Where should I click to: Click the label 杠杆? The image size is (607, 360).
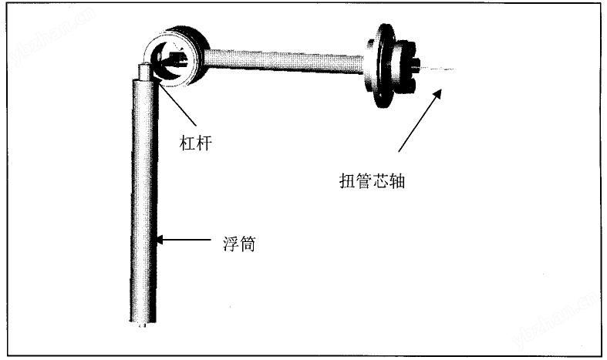tap(196, 143)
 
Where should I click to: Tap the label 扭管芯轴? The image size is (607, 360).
tap(372, 181)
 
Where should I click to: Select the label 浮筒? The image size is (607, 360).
tap(239, 244)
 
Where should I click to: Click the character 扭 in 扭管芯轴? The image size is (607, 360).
tap(347, 181)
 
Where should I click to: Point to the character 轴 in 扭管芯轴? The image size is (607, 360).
tap(397, 181)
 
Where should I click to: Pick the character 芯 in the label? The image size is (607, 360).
tap(380, 181)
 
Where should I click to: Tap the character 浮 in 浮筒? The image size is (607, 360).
tap(231, 244)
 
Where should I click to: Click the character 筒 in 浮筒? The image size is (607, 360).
tap(248, 244)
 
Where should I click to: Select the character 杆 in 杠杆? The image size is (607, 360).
tap(204, 143)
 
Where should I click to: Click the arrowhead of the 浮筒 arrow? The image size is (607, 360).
tap(160, 240)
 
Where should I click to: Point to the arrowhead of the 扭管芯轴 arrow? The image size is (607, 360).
tap(437, 94)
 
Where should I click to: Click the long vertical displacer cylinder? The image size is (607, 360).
tap(143, 200)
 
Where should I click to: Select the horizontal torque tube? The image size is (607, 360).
tap(283, 61)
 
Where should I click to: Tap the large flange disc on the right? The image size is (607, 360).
tap(381, 66)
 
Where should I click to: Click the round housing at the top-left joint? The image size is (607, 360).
tap(177, 57)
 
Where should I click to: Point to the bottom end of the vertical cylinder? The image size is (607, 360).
tap(143, 325)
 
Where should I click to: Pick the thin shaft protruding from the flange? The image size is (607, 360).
tap(437, 69)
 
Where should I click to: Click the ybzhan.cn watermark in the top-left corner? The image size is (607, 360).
tap(50, 37)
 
